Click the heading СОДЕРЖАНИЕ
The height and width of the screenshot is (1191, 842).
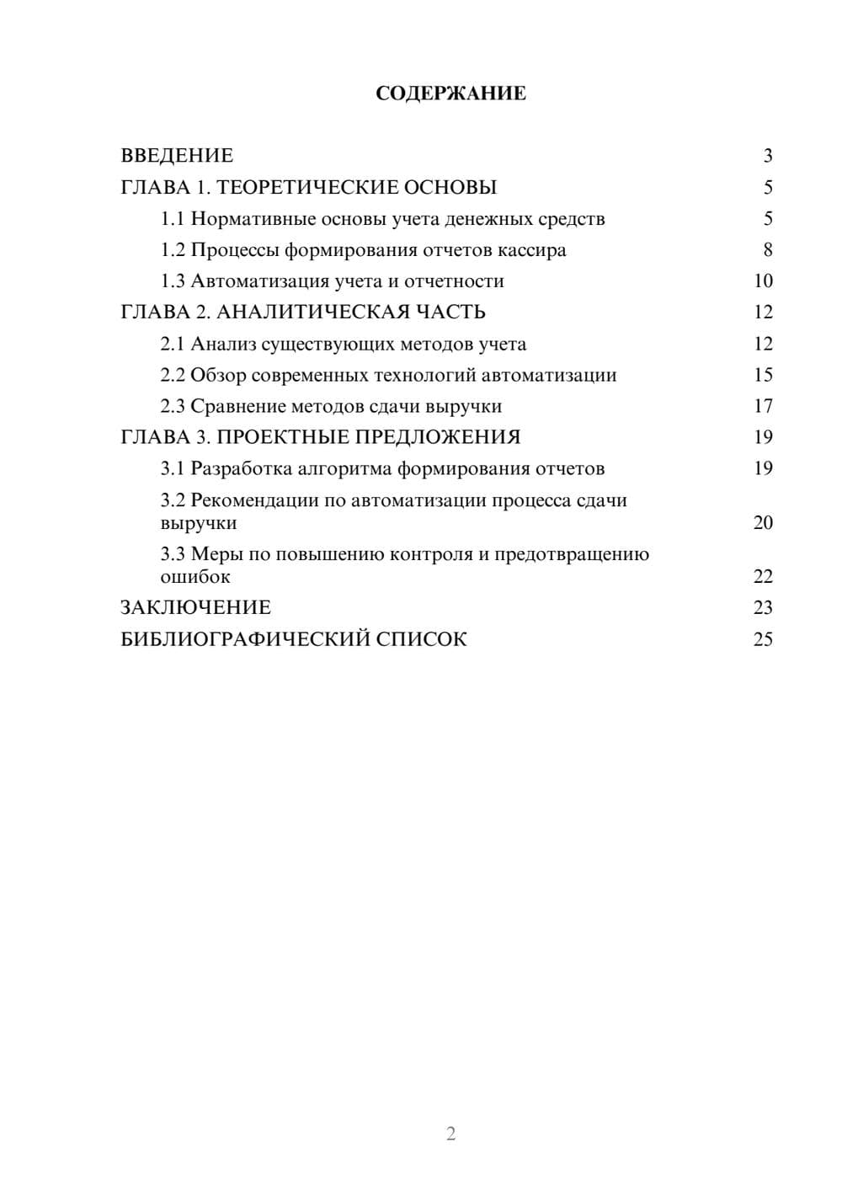(x=450, y=93)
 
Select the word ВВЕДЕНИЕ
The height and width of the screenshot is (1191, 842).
(x=177, y=156)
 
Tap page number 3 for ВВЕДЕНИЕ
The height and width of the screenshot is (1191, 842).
(x=768, y=156)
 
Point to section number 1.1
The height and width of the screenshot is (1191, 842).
(x=173, y=219)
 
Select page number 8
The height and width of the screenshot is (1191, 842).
(x=768, y=250)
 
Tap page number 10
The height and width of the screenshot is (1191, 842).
(x=763, y=281)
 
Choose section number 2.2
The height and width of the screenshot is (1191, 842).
(x=173, y=376)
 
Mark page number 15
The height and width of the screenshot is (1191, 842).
(x=763, y=376)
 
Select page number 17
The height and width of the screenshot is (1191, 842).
(x=763, y=407)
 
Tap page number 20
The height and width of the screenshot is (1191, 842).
(x=763, y=523)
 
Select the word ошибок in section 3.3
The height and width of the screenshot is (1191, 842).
(x=195, y=577)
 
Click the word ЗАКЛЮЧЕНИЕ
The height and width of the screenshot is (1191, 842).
(x=195, y=608)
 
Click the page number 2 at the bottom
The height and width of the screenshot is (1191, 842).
(x=450, y=1134)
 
